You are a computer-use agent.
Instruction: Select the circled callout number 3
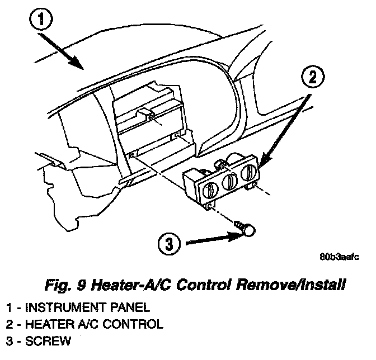coord(169,244)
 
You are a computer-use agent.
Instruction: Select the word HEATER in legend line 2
coord(45,324)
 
